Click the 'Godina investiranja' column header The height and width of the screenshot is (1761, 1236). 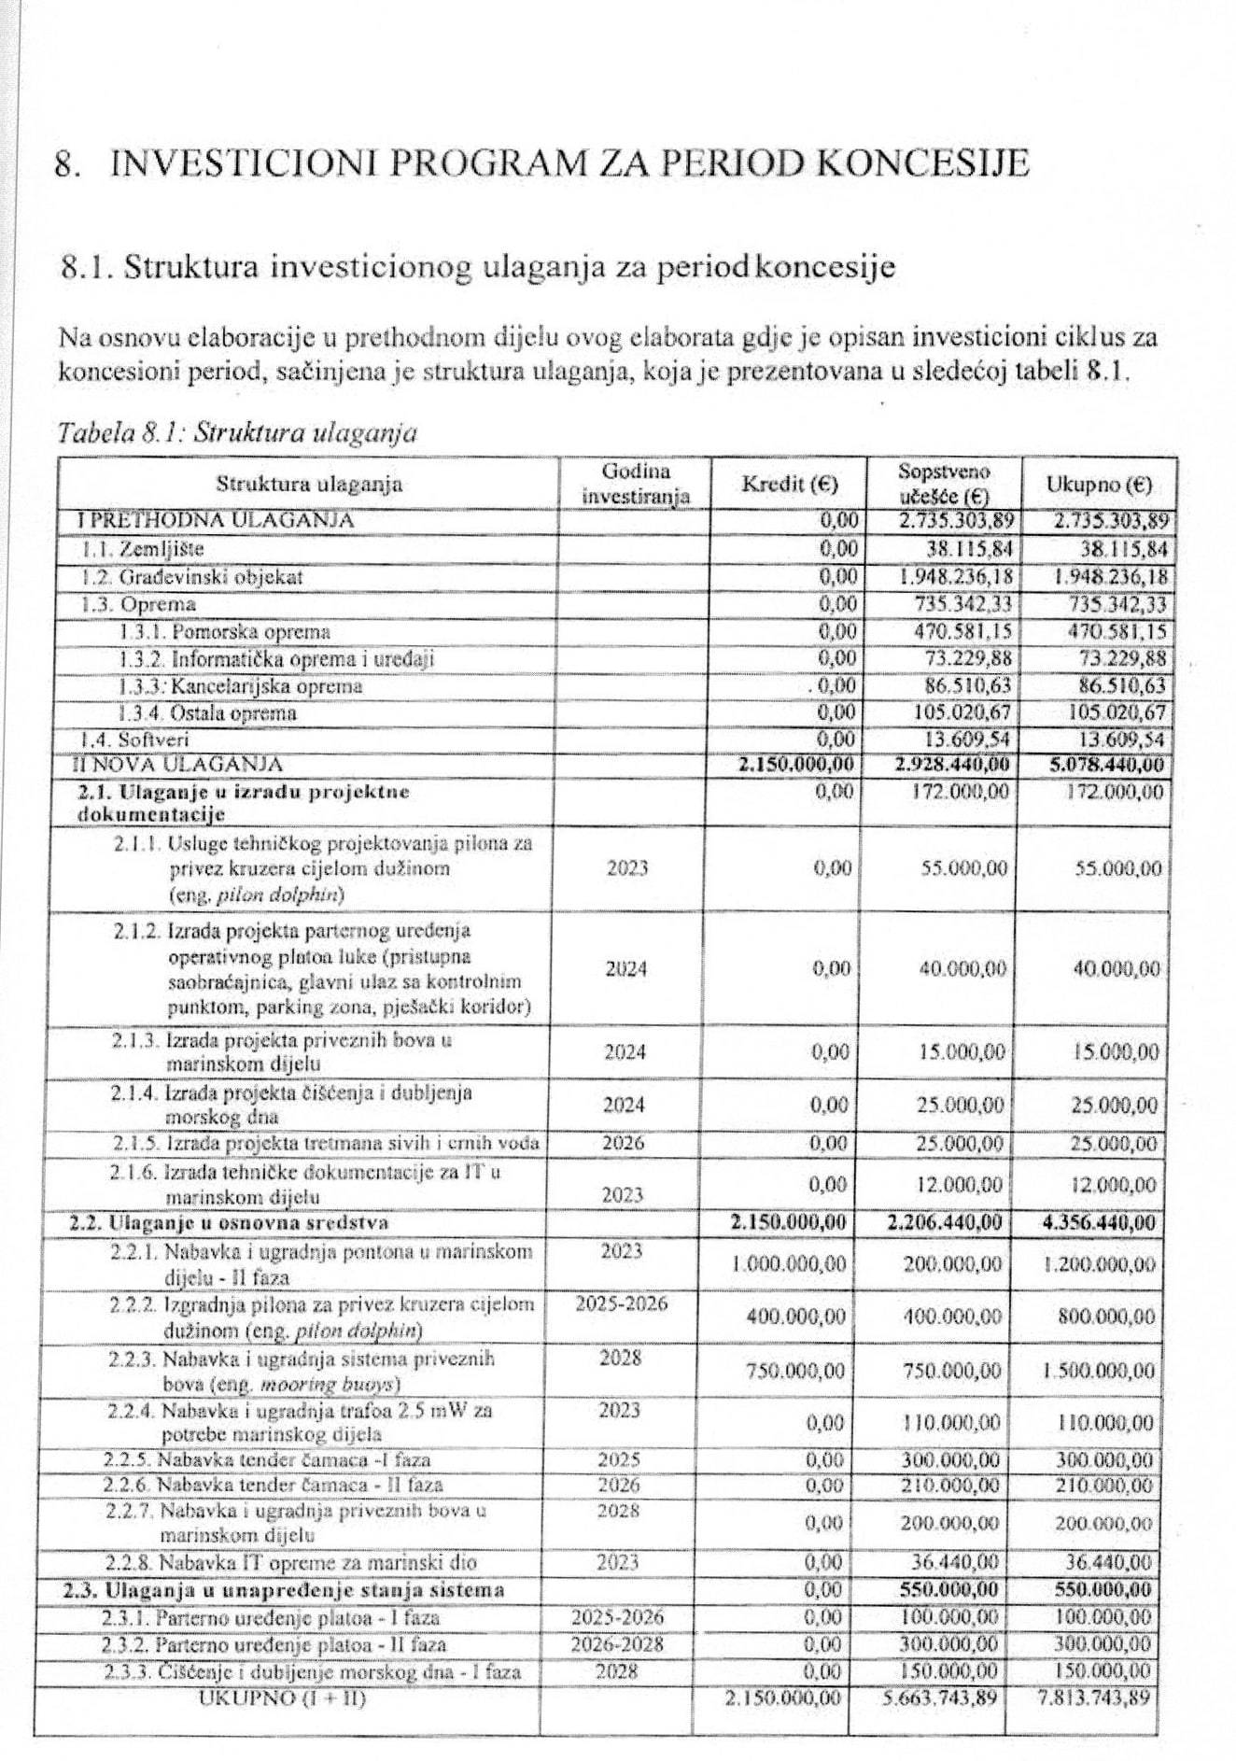636,484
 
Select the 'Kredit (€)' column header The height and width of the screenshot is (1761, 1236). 790,485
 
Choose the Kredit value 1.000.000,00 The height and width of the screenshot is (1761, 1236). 789,1264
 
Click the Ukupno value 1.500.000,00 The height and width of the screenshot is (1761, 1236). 1099,1371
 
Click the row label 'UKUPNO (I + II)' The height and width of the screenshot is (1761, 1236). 282,1698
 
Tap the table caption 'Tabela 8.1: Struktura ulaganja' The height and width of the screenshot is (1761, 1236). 236,433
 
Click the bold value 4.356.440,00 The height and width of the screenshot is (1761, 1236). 1099,1222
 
